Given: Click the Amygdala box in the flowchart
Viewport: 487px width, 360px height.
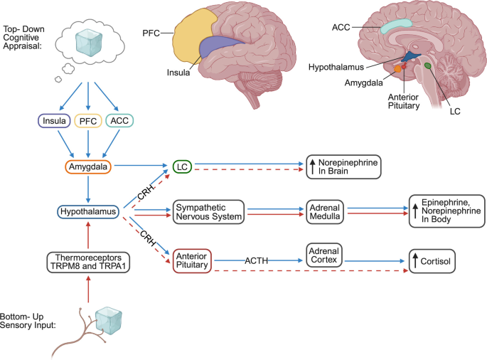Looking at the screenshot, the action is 88,166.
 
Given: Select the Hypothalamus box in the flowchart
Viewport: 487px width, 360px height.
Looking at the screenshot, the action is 88,212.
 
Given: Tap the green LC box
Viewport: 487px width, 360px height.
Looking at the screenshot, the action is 182,166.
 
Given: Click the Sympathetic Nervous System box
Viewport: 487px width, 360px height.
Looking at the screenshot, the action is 209,212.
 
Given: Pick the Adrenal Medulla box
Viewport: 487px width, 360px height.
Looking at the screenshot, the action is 325,212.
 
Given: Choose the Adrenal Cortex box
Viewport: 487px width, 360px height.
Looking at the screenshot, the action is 324,255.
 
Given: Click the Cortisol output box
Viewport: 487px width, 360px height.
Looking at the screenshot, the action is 432,261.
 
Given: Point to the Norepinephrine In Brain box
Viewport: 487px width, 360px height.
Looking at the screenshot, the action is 343,167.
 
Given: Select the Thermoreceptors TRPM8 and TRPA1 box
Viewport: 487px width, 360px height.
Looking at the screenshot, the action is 88,263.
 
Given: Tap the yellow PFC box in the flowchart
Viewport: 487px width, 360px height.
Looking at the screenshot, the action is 88,121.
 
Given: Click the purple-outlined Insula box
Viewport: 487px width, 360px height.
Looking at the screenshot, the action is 54,121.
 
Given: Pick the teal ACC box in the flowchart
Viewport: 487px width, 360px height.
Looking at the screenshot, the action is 119,121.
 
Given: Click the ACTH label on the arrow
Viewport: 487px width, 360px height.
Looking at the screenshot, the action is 256,260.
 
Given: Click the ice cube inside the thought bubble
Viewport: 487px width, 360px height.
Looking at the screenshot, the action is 89,43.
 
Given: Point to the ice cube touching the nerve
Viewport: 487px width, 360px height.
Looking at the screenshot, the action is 109,321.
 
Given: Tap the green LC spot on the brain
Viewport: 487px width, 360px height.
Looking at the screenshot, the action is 428,65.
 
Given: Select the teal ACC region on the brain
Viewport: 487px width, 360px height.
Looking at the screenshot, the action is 396,26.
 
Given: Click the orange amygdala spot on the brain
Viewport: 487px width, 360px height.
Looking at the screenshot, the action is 397,69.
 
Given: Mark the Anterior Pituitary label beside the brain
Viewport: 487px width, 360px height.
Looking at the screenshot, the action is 404,101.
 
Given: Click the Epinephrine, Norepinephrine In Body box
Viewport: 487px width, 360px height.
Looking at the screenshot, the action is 446,211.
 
